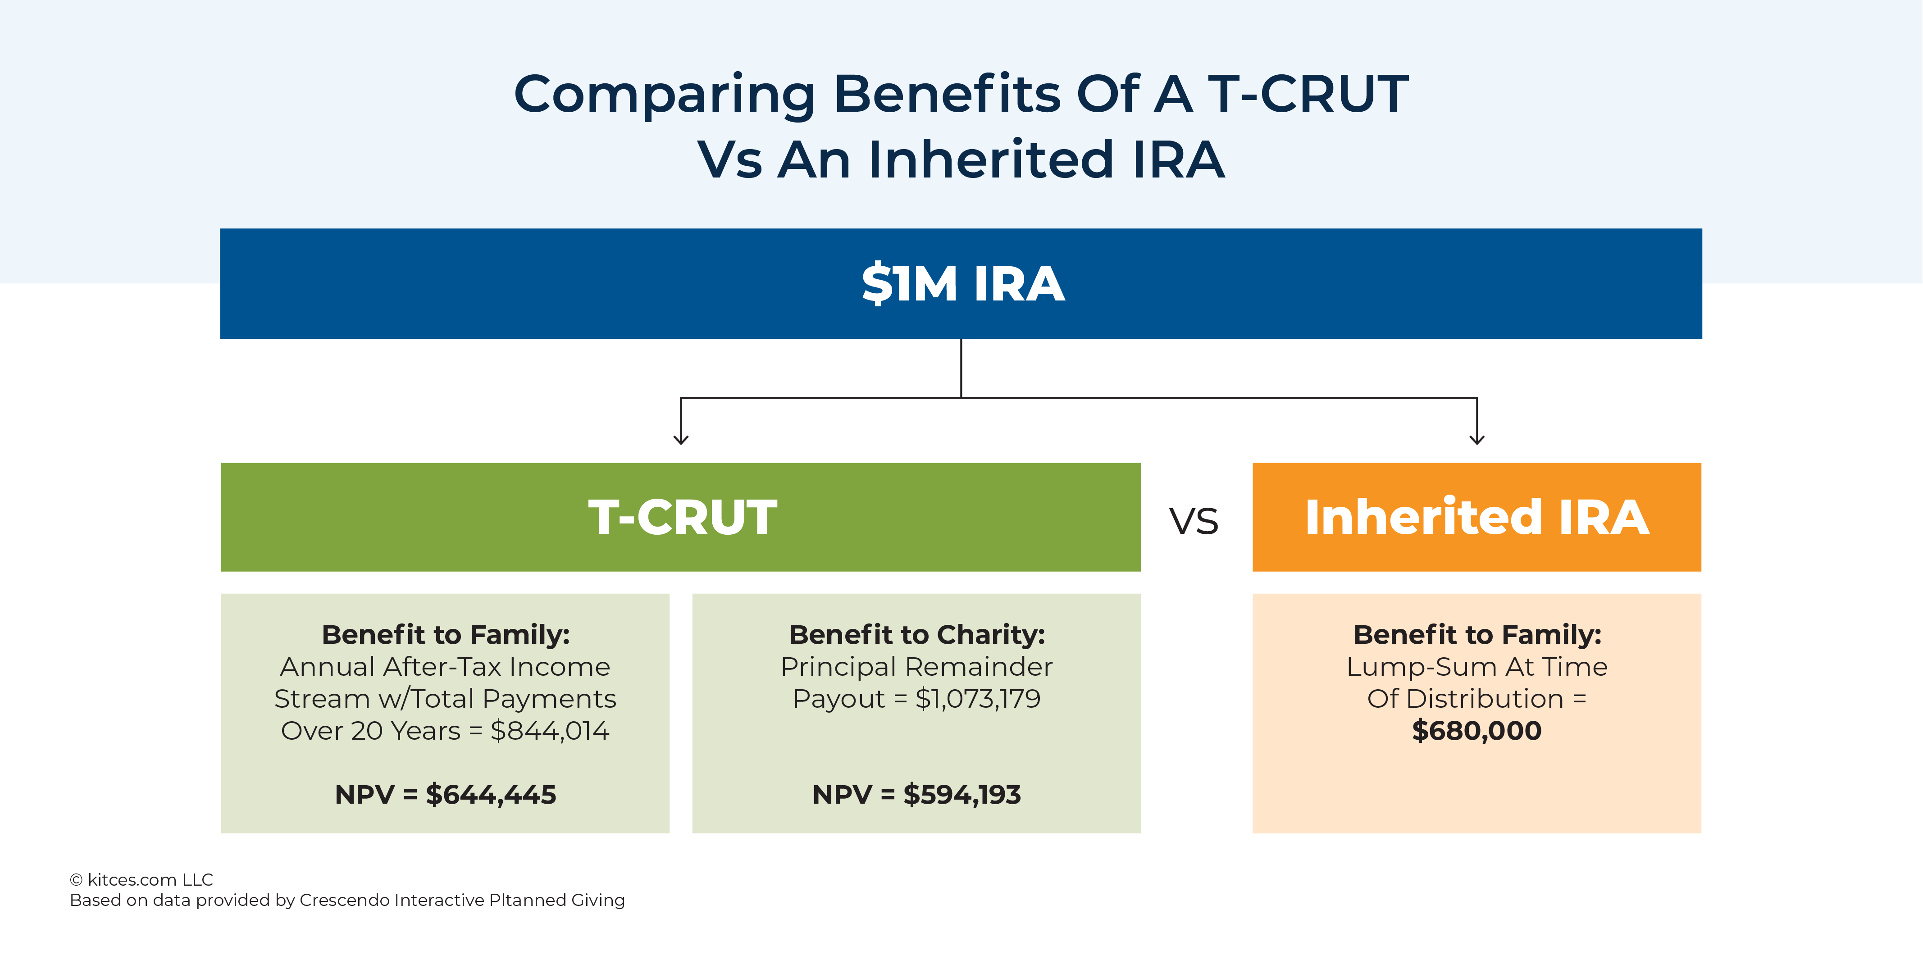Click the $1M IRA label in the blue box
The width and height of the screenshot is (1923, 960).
(962, 284)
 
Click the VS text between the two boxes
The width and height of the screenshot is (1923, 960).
(1194, 521)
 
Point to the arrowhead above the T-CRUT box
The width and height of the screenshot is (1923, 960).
(681, 439)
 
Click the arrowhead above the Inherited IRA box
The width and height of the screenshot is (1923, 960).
(1476, 439)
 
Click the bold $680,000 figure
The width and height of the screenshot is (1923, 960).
(1476, 731)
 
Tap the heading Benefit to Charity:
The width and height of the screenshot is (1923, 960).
(917, 635)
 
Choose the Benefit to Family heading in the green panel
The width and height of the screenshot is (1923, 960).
(446, 635)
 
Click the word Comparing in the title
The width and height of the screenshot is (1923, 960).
(665, 95)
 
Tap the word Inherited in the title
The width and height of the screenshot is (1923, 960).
(991, 160)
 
